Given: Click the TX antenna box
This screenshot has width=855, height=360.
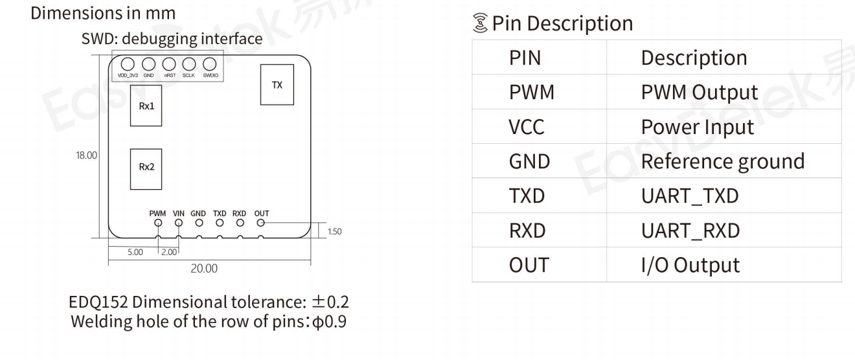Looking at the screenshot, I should [x=277, y=85].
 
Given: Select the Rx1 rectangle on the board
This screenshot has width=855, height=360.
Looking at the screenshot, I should [x=146, y=106].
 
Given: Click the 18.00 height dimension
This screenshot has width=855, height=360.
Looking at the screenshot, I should [x=86, y=155].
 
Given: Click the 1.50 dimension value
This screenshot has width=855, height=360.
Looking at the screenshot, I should [x=334, y=231].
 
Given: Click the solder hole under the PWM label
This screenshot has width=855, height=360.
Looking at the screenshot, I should [x=157, y=223].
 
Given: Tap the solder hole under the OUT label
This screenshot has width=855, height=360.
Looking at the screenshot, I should [x=261, y=223].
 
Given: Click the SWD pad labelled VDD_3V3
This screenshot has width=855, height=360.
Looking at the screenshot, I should [x=128, y=64].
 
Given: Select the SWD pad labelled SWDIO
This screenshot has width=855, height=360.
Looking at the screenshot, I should [x=209, y=64].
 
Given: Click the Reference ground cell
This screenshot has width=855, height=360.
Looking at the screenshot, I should [x=722, y=161].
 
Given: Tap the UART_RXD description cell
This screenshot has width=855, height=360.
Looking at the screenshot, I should [x=690, y=231].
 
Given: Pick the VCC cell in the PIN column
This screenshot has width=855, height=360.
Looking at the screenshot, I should [x=527, y=127].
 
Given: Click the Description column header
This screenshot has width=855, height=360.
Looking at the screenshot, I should [x=694, y=58].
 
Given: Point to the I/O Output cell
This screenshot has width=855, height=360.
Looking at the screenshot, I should [x=690, y=265].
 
